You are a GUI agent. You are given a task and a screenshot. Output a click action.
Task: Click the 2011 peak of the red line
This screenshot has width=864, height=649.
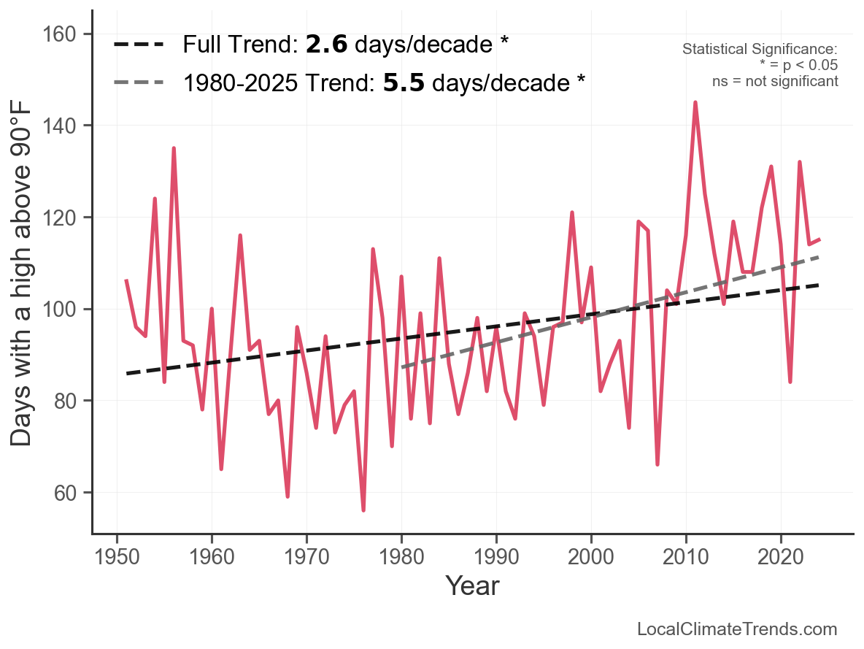click(695, 102)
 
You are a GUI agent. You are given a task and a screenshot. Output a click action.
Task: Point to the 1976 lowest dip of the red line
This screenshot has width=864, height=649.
click(363, 510)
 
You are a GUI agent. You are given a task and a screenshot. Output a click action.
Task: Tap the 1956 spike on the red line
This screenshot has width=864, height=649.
click(174, 148)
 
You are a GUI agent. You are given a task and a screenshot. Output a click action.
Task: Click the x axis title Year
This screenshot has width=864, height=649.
click(472, 585)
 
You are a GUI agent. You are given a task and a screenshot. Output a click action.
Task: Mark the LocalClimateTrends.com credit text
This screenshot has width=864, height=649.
click(737, 629)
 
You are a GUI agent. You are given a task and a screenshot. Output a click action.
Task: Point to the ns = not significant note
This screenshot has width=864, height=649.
click(774, 81)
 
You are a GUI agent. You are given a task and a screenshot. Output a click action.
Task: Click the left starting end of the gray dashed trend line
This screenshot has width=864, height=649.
click(402, 367)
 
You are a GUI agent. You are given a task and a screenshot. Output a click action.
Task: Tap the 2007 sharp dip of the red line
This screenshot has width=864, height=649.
click(657, 464)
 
